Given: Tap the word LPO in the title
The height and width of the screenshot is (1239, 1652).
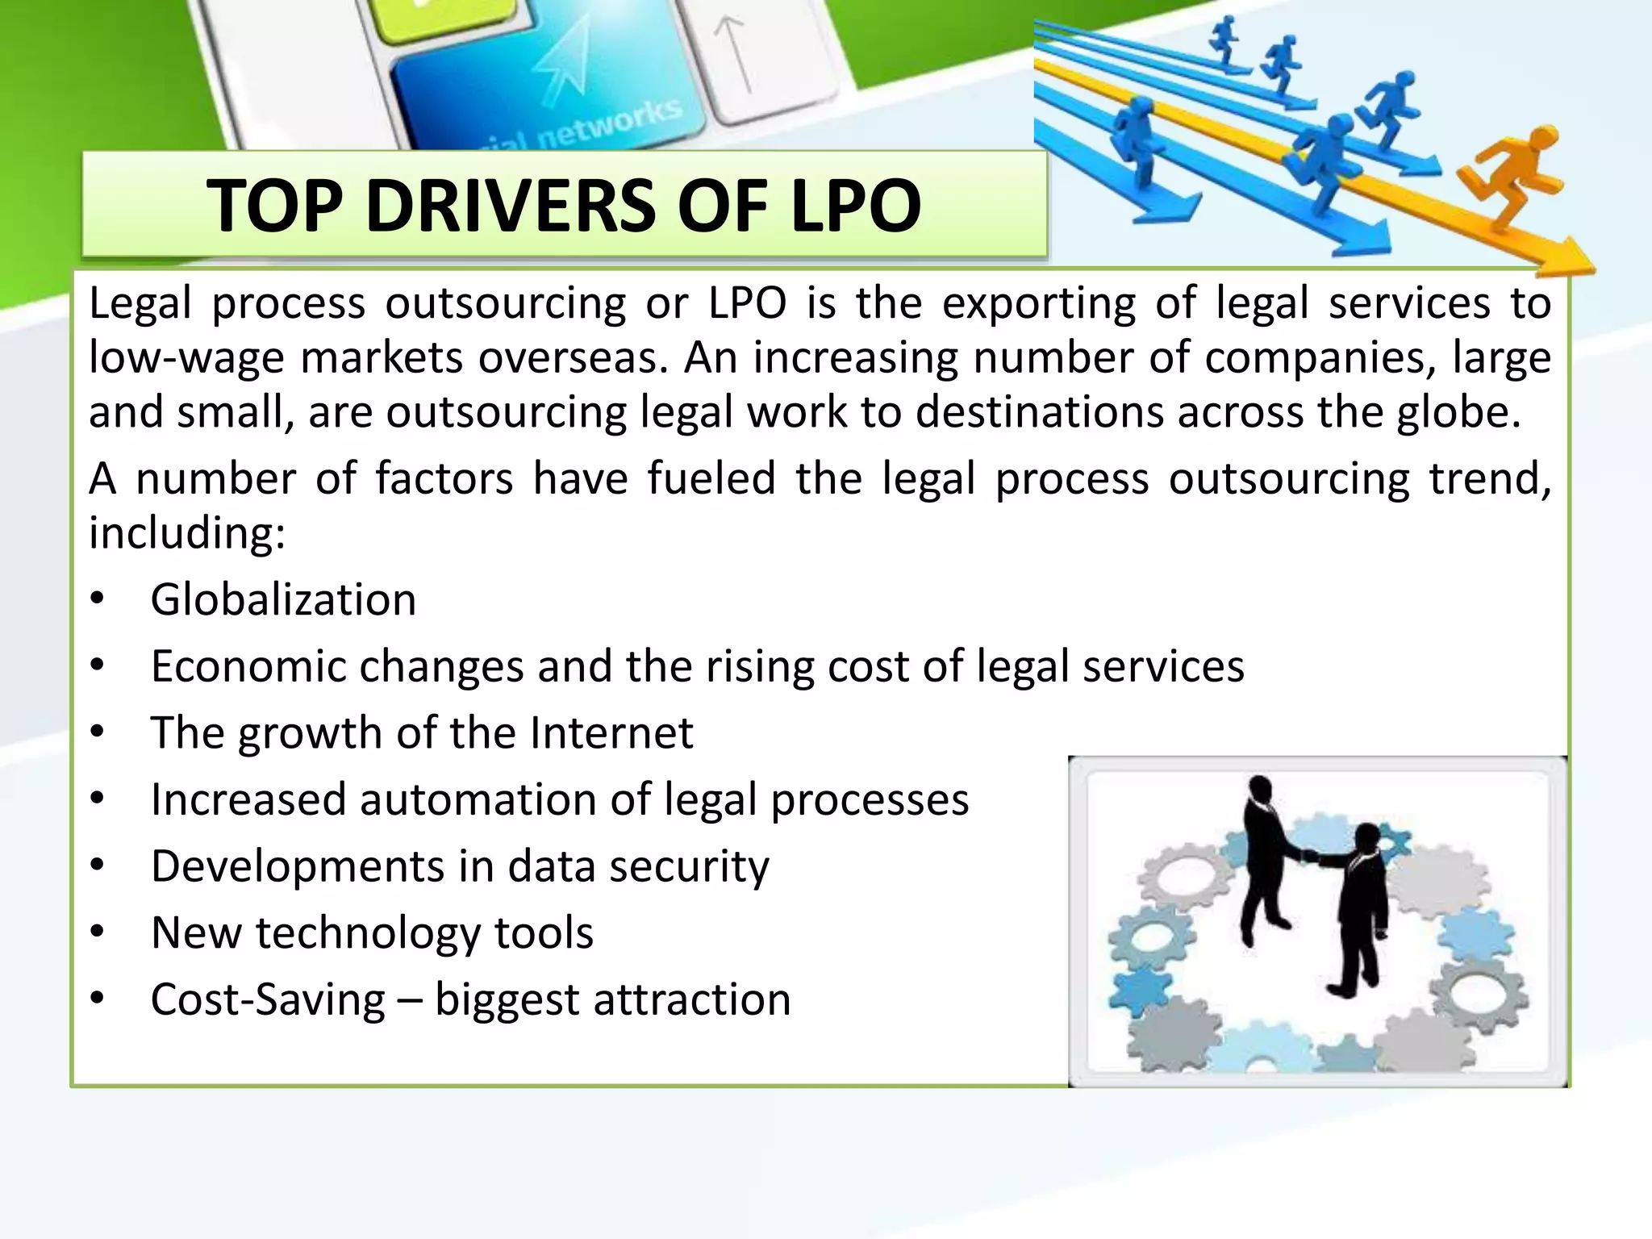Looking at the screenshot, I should click(x=855, y=206).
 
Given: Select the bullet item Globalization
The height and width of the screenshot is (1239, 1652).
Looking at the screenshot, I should click(x=283, y=600).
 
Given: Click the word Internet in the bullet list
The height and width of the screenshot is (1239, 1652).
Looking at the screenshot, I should click(x=611, y=733).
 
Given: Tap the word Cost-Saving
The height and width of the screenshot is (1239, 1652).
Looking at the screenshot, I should click(x=268, y=1000).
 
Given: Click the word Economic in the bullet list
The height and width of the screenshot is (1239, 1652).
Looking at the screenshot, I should click(x=248, y=667).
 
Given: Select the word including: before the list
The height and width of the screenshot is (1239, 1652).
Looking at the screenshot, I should click(x=187, y=533).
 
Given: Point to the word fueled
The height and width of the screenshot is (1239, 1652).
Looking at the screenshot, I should click(x=711, y=479).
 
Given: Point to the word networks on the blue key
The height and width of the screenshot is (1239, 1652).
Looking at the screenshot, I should click(x=608, y=126).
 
